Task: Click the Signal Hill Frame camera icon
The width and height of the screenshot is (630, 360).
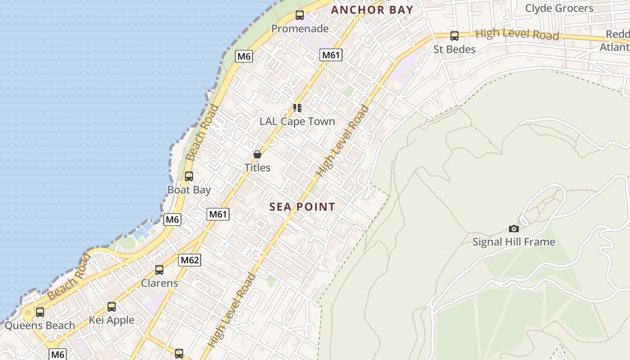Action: (x=513, y=229)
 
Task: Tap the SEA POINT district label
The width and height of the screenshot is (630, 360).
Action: (x=302, y=207)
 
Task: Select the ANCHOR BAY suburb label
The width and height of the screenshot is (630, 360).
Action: (x=372, y=10)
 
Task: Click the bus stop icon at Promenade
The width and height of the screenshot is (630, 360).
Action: (x=300, y=15)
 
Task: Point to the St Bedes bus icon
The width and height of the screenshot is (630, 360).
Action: (x=454, y=36)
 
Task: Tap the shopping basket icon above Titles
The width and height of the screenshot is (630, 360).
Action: (x=257, y=154)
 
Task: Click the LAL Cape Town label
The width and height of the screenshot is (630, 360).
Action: (x=297, y=121)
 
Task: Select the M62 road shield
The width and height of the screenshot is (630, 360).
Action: (x=189, y=260)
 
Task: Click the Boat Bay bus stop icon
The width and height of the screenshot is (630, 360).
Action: (x=189, y=176)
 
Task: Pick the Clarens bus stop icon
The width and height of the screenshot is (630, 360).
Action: (x=159, y=270)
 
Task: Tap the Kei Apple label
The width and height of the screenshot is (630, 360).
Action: (x=112, y=320)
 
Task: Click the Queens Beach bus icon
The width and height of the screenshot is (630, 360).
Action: (x=40, y=312)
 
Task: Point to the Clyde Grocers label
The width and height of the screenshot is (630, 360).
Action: (x=559, y=8)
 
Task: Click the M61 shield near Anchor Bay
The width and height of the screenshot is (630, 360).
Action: (x=331, y=55)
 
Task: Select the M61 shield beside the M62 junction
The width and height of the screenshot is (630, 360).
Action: (x=218, y=214)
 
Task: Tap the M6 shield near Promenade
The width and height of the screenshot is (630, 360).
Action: (x=243, y=56)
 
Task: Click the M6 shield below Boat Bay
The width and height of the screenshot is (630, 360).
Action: (x=172, y=220)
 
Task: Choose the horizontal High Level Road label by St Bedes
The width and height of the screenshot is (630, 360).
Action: (x=517, y=34)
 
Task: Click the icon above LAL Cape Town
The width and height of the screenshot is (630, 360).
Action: (x=297, y=108)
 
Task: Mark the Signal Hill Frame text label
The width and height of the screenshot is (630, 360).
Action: (x=513, y=242)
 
